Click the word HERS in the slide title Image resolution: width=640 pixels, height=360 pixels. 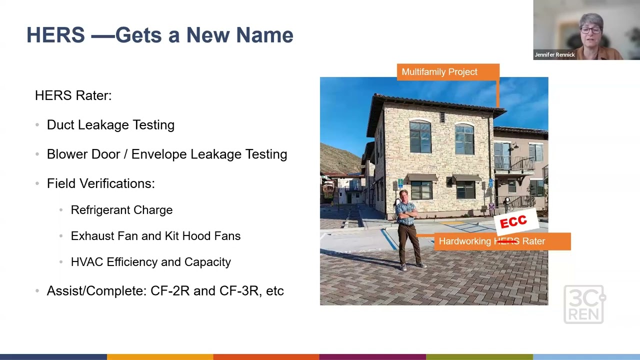(x=55, y=35)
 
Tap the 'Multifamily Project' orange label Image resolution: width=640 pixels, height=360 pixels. (x=439, y=72)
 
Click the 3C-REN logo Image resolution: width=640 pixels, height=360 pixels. (x=584, y=304)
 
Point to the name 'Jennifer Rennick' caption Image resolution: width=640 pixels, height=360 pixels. (x=554, y=55)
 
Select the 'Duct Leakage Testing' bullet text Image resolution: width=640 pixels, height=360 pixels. (x=110, y=125)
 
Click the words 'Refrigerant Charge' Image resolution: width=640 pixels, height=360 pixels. (x=121, y=210)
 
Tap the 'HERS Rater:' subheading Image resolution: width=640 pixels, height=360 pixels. (x=73, y=95)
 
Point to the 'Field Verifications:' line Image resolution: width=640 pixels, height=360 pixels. (x=100, y=183)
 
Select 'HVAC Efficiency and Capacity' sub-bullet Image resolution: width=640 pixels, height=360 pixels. (x=150, y=262)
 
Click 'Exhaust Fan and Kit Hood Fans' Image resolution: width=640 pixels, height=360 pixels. (x=155, y=236)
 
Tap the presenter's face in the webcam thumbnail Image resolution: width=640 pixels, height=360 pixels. (x=591, y=30)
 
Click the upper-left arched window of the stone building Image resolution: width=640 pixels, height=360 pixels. (x=420, y=136)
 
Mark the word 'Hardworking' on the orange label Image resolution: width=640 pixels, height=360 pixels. (x=464, y=241)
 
